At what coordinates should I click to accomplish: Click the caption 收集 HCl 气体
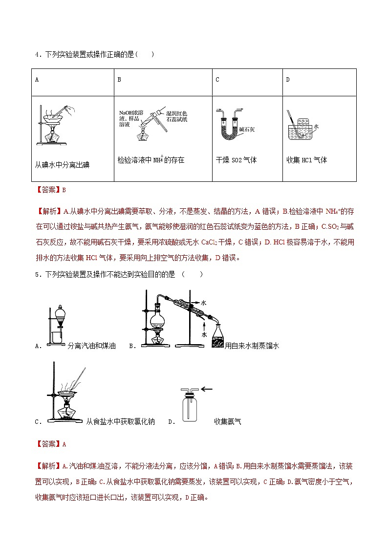pyautogui.click(x=306, y=160)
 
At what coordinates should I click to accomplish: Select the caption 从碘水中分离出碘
pyautogui.click(x=62, y=165)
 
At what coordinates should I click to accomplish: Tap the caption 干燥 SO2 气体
pyautogui.click(x=236, y=160)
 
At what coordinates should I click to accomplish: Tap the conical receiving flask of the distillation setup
pyautogui.click(x=217, y=336)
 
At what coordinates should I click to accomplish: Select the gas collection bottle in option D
pyautogui.click(x=191, y=406)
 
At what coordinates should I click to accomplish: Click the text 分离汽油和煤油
pyautogui.click(x=92, y=346)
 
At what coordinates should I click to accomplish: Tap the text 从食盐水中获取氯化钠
pyautogui.click(x=120, y=421)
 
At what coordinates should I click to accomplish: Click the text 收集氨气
pyautogui.click(x=227, y=421)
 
